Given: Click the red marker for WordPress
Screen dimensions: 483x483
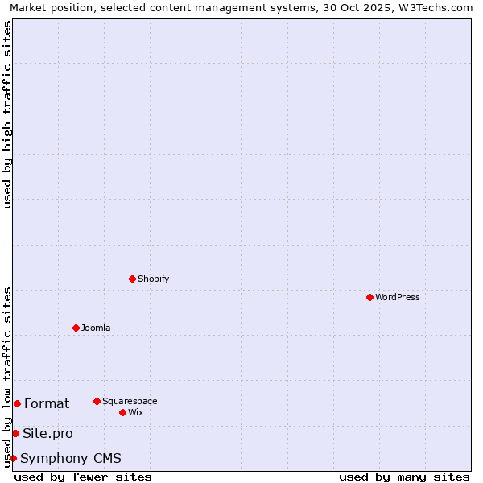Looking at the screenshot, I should pos(369,297).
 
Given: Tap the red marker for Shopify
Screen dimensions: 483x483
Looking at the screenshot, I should pos(132,279).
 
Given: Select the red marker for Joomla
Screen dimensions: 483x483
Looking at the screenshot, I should pos(76,328).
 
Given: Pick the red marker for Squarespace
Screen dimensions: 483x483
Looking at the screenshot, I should pos(97,401).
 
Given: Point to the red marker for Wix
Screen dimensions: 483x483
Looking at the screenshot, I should pos(122,412).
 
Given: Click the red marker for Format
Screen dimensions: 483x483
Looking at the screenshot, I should pos(17,403).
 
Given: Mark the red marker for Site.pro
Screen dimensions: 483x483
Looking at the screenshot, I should pos(15,433).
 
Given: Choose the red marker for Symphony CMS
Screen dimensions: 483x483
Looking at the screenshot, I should pos(13,458).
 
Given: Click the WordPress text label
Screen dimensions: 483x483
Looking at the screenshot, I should pos(398,297).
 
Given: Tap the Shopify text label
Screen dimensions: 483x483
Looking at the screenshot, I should pos(153,279).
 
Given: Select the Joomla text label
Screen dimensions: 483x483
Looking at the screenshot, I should pos(96,328).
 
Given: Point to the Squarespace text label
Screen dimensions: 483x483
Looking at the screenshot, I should pos(130,401).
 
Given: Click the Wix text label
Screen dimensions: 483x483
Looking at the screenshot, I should pos(136,412).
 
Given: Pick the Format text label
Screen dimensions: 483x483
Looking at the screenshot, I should pos(47,403).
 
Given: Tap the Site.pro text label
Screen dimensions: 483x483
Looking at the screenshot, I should pos(47,433).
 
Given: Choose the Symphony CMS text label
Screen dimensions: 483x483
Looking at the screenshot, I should pos(71,458).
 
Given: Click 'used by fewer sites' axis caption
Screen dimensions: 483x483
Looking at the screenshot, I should pos(83,477).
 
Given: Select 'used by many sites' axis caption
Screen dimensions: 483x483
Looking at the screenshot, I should pos(404,477).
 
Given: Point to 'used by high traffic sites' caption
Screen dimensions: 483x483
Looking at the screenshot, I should pos(7,114).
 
